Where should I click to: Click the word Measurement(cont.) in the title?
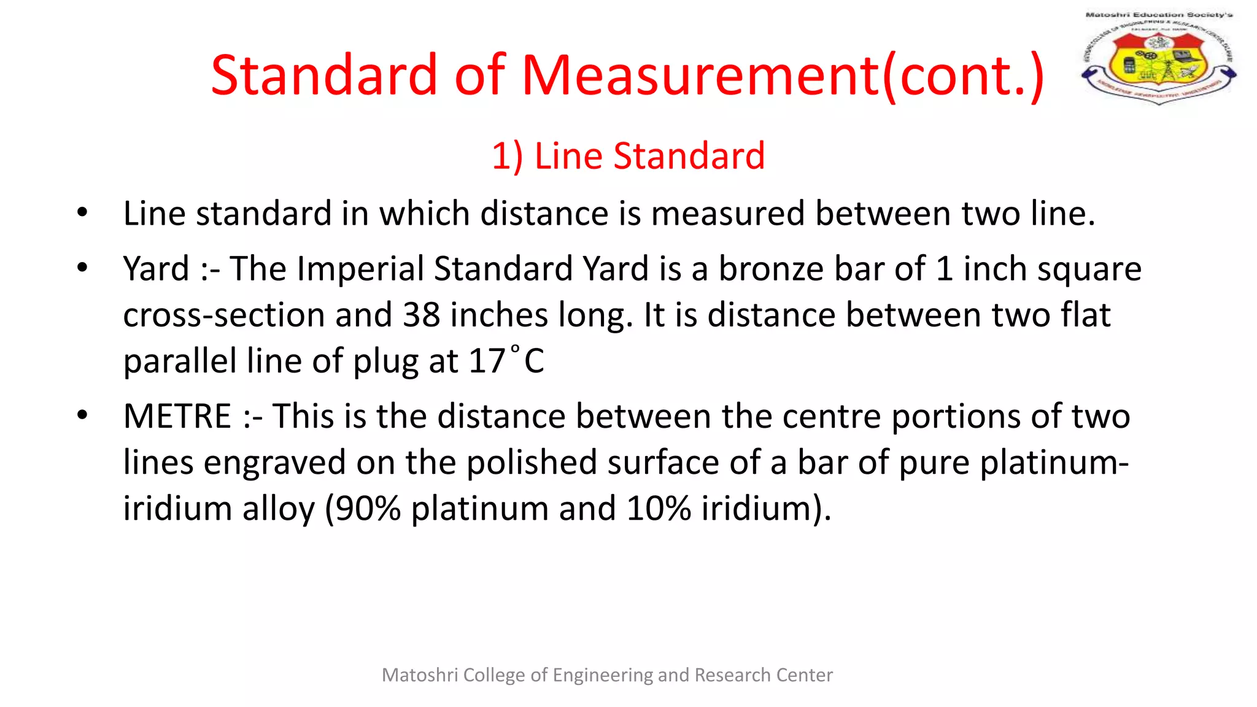tap(783, 75)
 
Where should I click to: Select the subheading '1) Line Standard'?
tap(628, 156)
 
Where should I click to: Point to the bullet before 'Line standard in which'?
tap(82, 214)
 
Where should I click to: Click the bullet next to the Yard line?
tap(82, 268)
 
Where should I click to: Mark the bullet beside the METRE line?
tap(82, 415)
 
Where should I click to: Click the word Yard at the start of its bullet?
tap(156, 269)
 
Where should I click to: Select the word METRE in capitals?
tap(177, 416)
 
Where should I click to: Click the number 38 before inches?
tap(421, 315)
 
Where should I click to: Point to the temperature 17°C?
tap(506, 361)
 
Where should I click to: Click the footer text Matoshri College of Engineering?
tap(607, 675)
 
